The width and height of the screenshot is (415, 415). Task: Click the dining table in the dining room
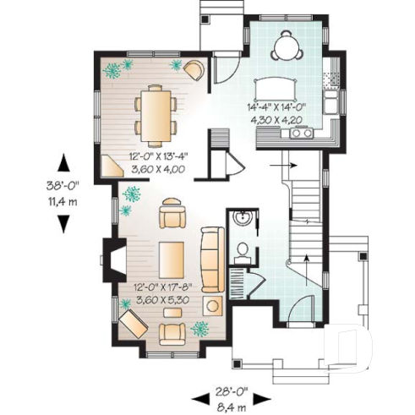156,113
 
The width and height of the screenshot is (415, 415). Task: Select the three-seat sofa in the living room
211,258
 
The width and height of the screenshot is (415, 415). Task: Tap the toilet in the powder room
243,249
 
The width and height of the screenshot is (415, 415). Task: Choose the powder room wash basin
242,221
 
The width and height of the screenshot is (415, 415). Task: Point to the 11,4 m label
63,201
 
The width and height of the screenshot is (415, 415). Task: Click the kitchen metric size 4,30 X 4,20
276,119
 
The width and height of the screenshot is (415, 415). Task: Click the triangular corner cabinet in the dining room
111,166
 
